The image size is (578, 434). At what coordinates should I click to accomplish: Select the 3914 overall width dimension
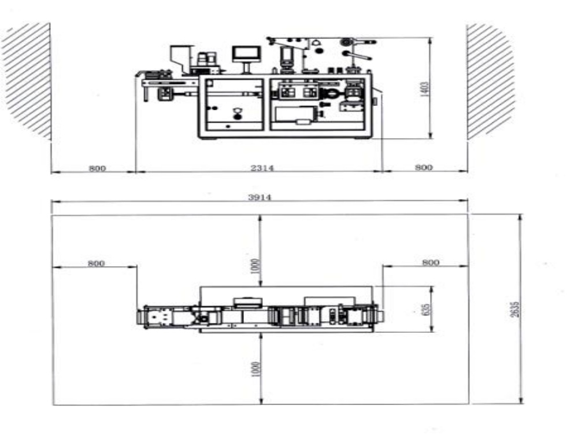260,197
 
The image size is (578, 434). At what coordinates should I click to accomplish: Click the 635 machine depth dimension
427,309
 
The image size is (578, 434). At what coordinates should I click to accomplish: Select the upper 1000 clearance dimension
257,266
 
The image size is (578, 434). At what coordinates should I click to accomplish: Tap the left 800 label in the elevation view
97,168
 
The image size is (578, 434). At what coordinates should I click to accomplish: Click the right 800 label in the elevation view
424,168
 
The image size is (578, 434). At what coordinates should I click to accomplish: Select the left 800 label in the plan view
96,263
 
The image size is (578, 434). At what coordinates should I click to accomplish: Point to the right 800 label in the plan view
430,262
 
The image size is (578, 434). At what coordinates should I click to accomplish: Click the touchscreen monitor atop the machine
246,54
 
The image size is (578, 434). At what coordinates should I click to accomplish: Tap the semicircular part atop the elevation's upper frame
316,42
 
